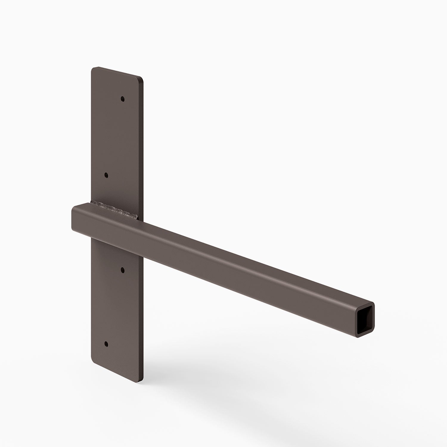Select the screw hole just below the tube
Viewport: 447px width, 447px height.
pos(122,270)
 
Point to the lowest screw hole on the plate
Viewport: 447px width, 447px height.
pos(106,344)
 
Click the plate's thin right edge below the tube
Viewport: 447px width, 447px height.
pos(143,313)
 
